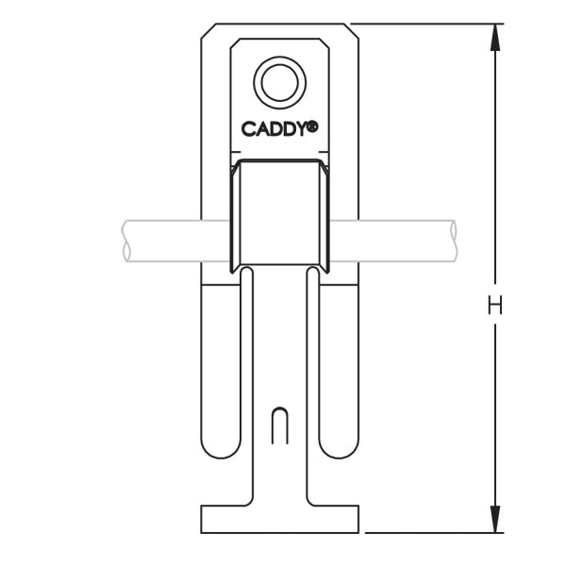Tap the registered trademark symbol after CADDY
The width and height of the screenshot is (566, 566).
tap(311, 125)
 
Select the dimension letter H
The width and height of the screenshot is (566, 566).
tap(494, 305)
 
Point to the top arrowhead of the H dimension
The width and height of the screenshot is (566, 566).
tap(494, 36)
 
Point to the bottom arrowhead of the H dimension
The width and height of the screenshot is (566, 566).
tap(494, 521)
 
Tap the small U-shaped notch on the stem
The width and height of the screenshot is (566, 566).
tap(279, 425)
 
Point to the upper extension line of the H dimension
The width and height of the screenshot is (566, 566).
tap(424, 25)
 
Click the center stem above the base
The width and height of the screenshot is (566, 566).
tap(279, 472)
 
